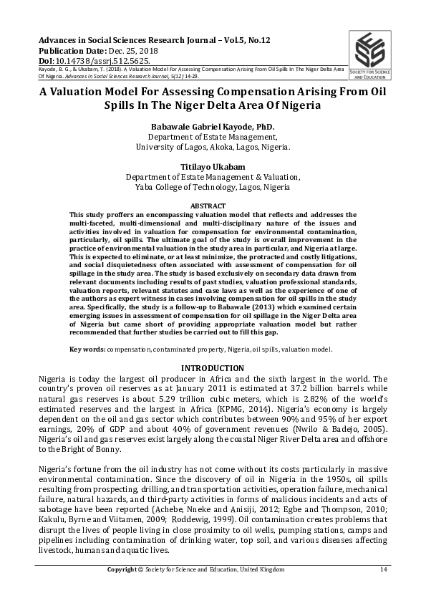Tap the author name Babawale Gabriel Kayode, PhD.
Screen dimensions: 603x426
click(213, 127)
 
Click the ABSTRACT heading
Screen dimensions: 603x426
click(213, 206)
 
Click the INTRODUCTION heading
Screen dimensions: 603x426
click(213, 368)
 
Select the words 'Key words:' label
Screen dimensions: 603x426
click(87, 349)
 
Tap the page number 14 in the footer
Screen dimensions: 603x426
click(383, 569)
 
